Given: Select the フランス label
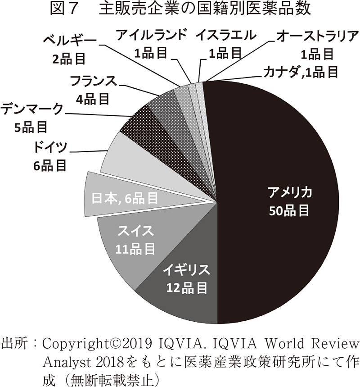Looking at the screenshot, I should click(93, 81).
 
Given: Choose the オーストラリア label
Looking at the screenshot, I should click(318, 36).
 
